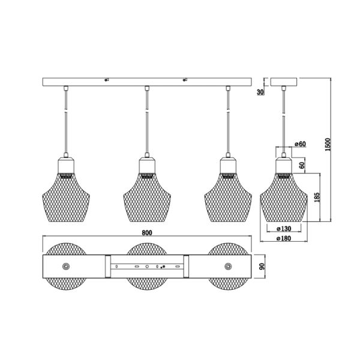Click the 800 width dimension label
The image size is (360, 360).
click(147, 233)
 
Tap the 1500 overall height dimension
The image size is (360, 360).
click(328, 145)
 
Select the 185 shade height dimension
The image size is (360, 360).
click(317, 197)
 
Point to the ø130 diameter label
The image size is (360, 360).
click(284, 229)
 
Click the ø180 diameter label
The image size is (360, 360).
click(284, 238)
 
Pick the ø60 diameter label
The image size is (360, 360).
click(301, 144)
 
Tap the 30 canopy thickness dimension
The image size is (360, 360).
click(260, 92)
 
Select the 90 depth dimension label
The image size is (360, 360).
click(262, 266)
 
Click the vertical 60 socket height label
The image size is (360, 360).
click(302, 165)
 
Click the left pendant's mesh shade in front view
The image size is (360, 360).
click(66, 197)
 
